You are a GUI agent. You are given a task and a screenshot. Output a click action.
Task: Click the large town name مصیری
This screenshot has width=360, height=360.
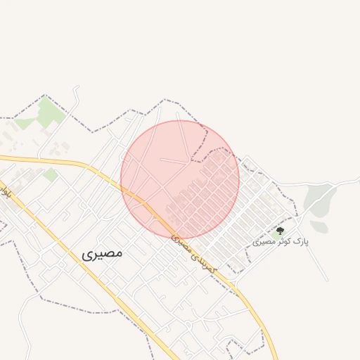click(x=102, y=252)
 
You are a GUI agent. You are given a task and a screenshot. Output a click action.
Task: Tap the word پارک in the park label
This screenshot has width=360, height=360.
click(x=300, y=242)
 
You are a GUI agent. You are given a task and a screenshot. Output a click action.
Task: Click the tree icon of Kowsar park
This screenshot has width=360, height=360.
click(x=281, y=230)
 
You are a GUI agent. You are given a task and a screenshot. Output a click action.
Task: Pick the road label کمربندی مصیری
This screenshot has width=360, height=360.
click(x=194, y=254)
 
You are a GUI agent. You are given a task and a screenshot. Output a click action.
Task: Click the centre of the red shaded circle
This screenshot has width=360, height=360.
click(x=180, y=179)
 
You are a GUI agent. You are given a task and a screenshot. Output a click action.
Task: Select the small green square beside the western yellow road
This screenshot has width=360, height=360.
click(x=51, y=174)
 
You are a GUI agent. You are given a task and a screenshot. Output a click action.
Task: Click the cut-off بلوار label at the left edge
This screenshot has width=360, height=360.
click(x=6, y=191)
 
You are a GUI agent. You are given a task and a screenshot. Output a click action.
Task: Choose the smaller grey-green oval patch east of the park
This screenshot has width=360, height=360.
click(x=319, y=226)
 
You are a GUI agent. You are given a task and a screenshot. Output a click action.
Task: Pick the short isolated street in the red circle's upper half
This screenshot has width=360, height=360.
click(x=174, y=161)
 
